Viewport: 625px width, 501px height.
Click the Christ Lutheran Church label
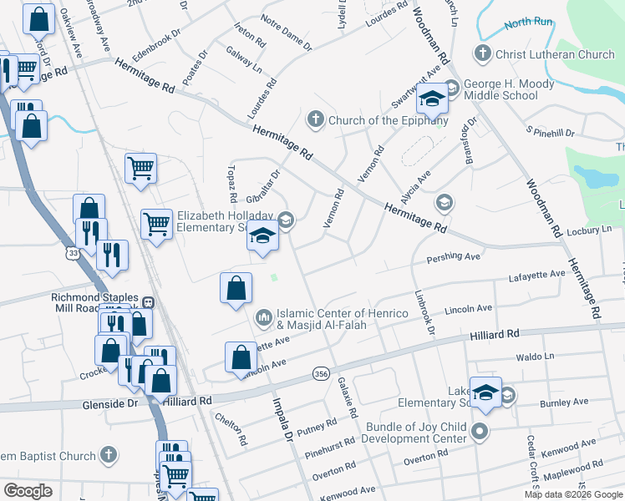[555, 55]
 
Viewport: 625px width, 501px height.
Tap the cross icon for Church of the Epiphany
[316, 119]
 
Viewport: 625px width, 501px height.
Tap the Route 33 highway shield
[74, 252]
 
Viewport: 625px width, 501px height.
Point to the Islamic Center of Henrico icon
[264, 317]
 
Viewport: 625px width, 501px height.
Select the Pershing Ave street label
[453, 257]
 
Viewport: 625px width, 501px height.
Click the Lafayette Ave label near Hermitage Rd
[538, 274]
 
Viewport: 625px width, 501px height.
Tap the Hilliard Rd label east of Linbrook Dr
[494, 333]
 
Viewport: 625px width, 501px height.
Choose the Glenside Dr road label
[110, 403]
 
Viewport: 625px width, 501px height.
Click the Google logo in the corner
[28, 490]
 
